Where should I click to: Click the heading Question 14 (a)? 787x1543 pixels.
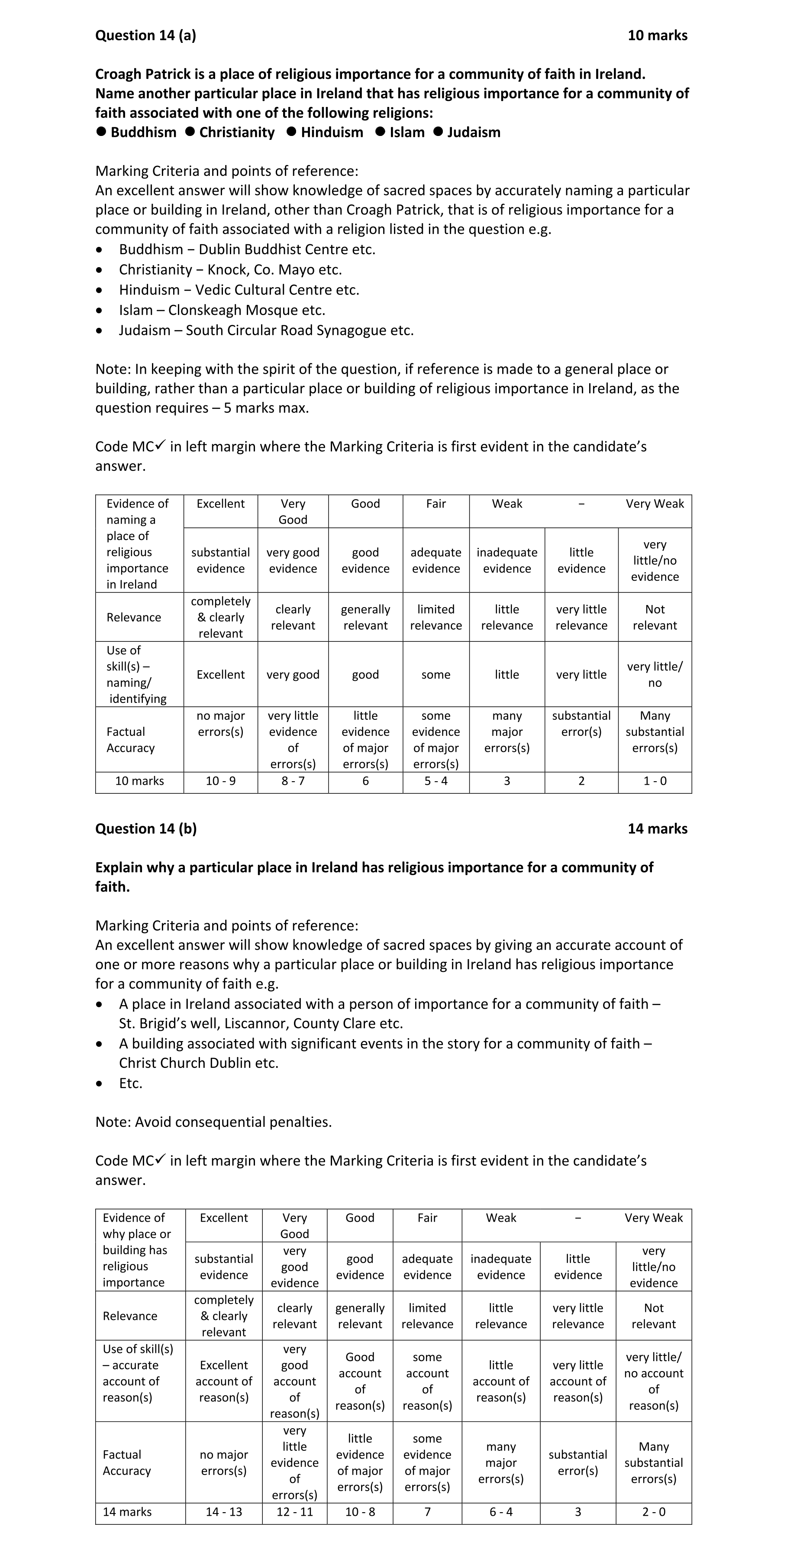click(145, 36)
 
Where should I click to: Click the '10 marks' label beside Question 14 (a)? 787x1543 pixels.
click(657, 36)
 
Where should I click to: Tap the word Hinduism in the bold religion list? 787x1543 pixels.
click(332, 133)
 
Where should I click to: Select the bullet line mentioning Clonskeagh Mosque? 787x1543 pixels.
click(222, 310)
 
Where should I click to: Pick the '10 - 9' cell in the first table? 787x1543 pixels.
click(220, 781)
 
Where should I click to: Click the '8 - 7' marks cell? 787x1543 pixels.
click(293, 781)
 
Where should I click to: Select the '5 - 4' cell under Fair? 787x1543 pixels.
click(435, 781)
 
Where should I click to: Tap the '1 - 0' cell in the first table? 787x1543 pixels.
click(655, 781)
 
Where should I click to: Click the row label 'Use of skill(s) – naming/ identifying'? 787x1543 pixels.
click(137, 674)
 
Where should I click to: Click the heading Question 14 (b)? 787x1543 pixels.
click(145, 829)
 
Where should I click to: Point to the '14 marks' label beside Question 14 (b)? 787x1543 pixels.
click(657, 829)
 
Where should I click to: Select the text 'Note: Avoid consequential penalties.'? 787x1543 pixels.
click(213, 1122)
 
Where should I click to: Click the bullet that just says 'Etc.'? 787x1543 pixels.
click(131, 1083)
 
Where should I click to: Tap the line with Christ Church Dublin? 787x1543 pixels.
click(198, 1063)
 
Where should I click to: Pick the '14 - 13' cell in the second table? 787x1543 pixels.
click(223, 1512)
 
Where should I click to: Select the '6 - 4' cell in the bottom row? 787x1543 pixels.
click(501, 1512)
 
